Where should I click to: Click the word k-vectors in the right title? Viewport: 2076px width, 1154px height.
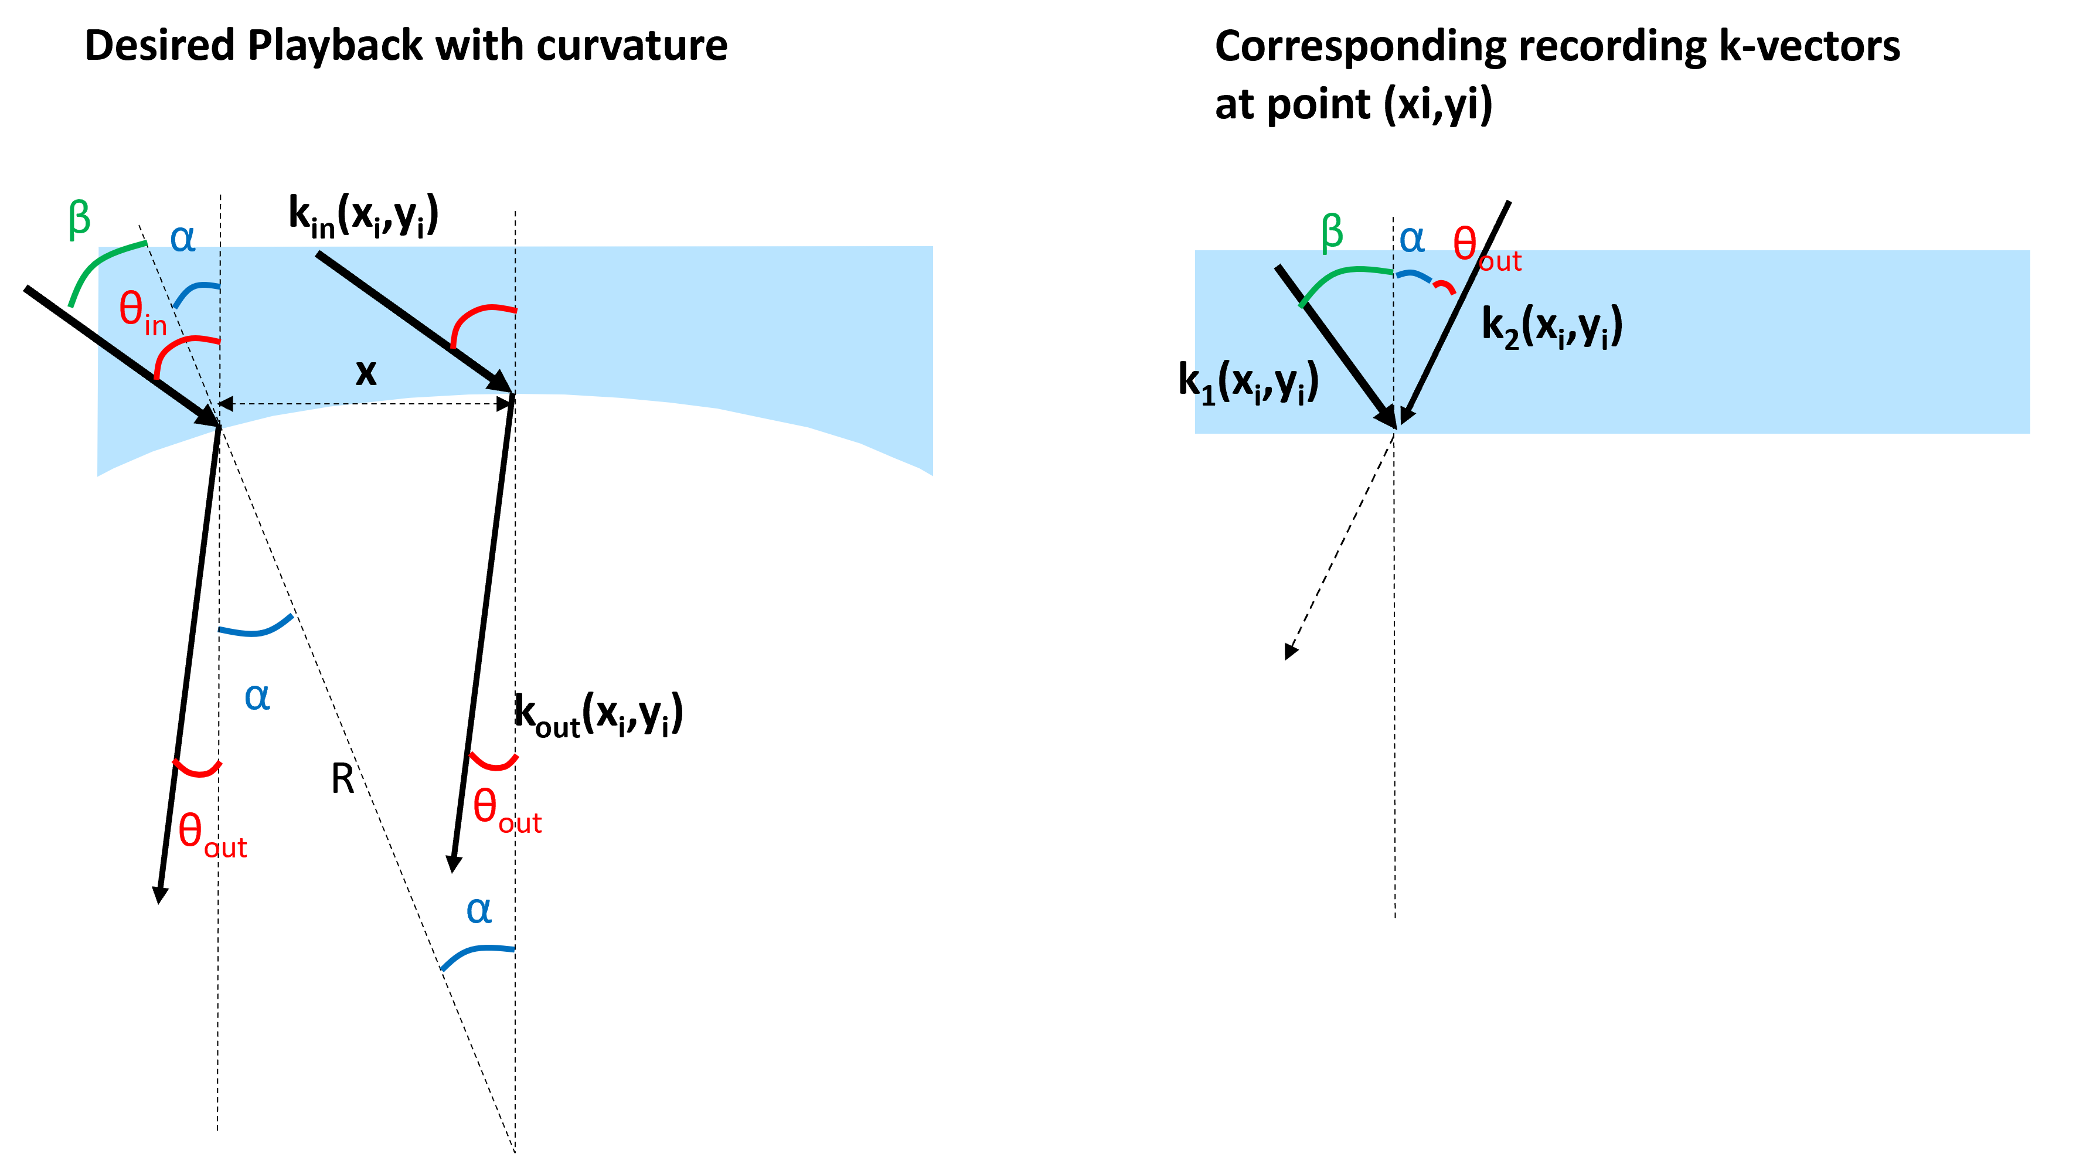1809,46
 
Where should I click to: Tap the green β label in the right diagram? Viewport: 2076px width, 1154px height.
1332,233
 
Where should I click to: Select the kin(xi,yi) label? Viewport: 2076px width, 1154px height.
363,216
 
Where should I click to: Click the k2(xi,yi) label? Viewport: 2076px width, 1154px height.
1551,327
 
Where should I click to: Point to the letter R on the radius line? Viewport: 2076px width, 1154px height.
342,779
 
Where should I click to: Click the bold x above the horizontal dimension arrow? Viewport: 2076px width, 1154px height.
366,372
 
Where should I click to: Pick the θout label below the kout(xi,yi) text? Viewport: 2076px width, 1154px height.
507,811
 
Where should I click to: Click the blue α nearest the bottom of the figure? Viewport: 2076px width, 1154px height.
479,911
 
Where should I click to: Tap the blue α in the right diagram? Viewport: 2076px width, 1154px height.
1412,239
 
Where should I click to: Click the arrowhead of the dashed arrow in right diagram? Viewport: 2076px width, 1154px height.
1290,651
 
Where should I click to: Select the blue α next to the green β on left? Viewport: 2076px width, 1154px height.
183,239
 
